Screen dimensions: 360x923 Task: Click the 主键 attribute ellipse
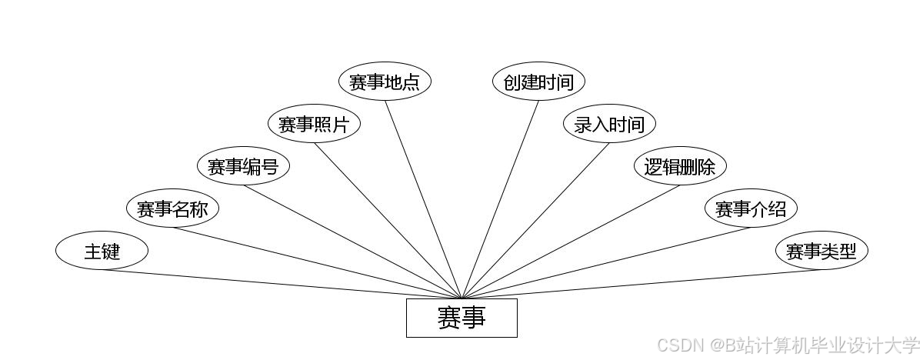[102, 251]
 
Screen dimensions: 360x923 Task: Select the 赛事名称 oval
[172, 208]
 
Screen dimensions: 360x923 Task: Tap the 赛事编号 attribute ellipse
[243, 166]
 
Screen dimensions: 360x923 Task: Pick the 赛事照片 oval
[314, 124]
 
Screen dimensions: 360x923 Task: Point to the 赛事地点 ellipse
[385, 82]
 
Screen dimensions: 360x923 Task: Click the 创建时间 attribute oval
[538, 82]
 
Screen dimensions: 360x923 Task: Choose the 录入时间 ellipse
[609, 124]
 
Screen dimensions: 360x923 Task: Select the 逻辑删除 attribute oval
[680, 166]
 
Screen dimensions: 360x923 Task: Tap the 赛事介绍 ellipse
[751, 208]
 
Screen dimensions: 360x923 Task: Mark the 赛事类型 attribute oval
[821, 251]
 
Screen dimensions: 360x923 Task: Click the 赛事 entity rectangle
[461, 318]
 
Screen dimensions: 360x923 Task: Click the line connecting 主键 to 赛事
[282, 284]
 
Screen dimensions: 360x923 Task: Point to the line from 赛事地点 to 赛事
[423, 199]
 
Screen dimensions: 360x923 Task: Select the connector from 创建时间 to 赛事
[500, 199]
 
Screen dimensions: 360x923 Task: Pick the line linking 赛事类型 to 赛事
[641, 284]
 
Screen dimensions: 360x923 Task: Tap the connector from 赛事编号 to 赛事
[352, 242]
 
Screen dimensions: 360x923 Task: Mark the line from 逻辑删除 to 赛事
[571, 242]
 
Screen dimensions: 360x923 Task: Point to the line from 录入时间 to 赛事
[535, 221]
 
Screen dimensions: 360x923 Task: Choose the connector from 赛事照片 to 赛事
[388, 221]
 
